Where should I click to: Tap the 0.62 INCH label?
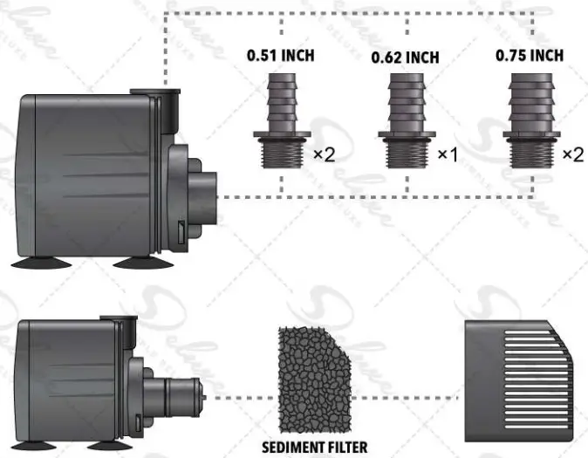pyautogui.click(x=407, y=58)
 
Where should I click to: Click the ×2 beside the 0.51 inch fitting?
pyautogui.click(x=325, y=154)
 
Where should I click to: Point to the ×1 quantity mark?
pyautogui.click(x=448, y=154)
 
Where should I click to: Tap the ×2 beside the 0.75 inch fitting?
pyautogui.click(x=572, y=154)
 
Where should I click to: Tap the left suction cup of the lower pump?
pyautogui.click(x=34, y=443)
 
